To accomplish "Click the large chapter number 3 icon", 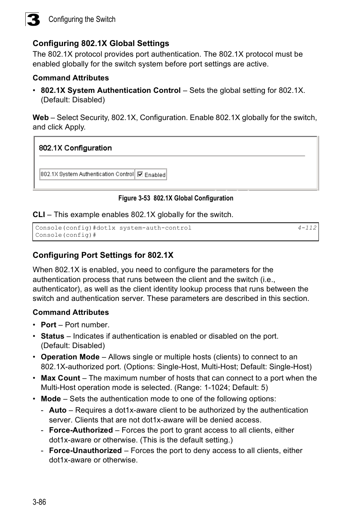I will pos(33,19).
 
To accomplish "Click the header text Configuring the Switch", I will pos(82,19).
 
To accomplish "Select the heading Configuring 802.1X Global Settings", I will pos(101,43).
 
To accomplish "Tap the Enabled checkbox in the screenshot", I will pos(140,174).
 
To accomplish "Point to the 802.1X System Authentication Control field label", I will pos(87,174).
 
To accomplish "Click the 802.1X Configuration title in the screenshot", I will pos(75,148).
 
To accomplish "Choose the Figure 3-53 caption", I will pos(175,198).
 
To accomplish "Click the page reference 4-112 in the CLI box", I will pos(307,228).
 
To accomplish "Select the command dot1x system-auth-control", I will pos(155,228).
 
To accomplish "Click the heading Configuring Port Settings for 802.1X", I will pos(103,255).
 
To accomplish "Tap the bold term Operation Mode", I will pos(70,357).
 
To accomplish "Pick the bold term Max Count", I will pos(60,378).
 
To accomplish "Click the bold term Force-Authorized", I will pos(81,430).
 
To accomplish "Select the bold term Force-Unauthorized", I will pos(85,450).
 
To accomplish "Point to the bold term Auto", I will pos(58,410).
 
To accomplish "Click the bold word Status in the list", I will pos(52,336).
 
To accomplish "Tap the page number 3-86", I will pos(39,502).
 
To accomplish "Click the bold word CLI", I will pos(38,214).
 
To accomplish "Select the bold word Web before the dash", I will pos(40,117).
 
